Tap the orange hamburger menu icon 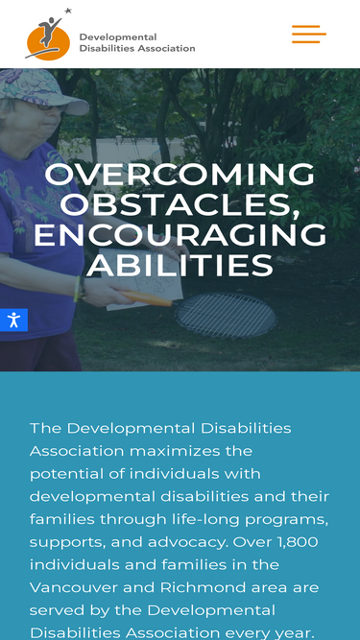point(309,34)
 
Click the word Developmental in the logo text point(118,37)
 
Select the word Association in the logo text point(166,48)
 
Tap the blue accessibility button point(13,320)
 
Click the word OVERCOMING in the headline point(180,175)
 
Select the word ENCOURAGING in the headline point(180,235)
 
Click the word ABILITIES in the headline point(180,266)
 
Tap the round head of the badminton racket point(227,315)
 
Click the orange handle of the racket point(147,298)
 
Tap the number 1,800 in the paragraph point(298,542)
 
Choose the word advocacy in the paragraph point(184,543)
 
